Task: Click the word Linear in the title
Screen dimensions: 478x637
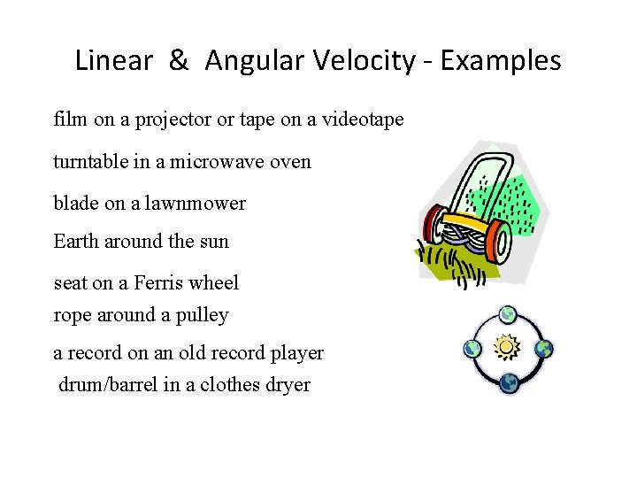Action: point(113,60)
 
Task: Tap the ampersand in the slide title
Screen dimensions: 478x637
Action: point(178,60)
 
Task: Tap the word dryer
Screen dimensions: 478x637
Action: point(285,385)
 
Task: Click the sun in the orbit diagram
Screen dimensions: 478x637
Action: point(507,348)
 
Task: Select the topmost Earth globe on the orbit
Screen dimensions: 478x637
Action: point(508,313)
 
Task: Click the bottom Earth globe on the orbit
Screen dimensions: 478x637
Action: point(509,383)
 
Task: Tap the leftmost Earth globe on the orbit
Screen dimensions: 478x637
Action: point(472,349)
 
